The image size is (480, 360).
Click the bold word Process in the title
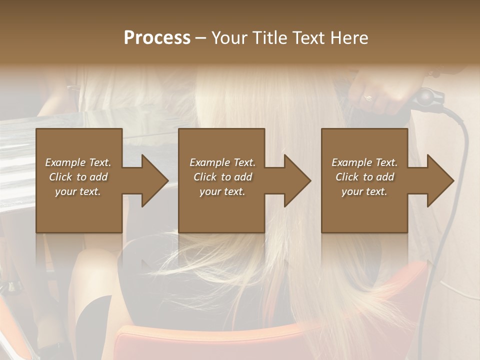tap(157, 38)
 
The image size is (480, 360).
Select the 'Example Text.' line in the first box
tap(78, 162)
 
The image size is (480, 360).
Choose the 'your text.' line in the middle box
tap(222, 191)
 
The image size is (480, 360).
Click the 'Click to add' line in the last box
tap(364, 177)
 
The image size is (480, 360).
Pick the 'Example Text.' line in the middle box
tap(222, 162)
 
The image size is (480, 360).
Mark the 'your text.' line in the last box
tap(364, 191)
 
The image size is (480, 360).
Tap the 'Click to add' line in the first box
tap(78, 177)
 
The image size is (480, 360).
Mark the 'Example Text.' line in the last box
tap(364, 162)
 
